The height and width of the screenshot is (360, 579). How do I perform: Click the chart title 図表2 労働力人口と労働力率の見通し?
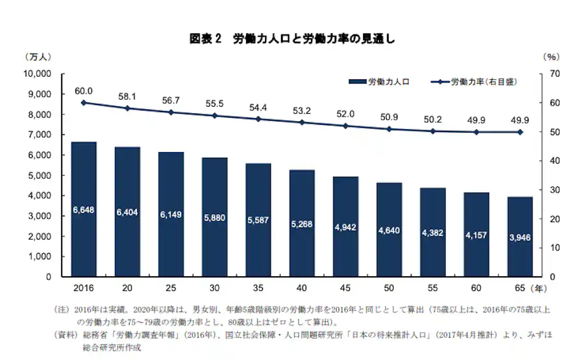point(292,39)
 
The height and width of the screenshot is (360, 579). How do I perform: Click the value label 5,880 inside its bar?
point(214,217)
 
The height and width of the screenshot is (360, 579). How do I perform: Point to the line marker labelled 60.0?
point(84,102)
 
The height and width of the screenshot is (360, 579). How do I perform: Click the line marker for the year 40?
point(302,122)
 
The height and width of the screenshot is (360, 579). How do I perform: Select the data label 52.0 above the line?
point(346,114)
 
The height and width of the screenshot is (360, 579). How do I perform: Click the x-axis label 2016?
point(84,287)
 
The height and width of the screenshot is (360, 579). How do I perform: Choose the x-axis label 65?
point(520,287)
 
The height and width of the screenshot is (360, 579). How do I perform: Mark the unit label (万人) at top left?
point(38,57)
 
